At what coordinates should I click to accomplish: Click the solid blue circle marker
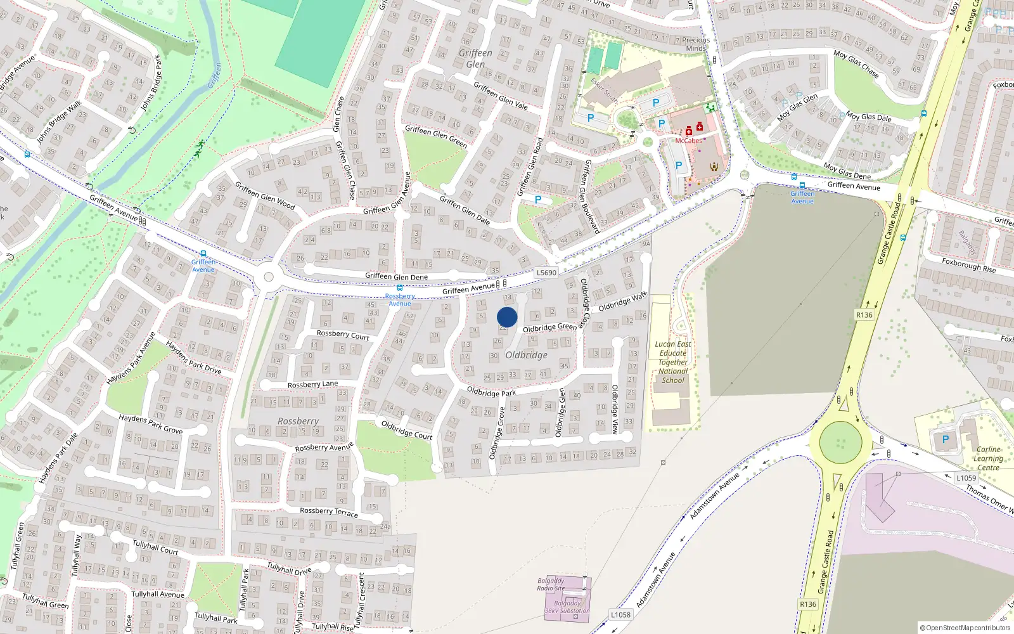tap(507, 317)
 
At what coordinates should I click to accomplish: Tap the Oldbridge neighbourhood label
tap(526, 355)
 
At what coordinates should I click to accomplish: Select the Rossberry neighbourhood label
tap(298, 421)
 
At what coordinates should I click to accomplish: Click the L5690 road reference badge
tap(546, 273)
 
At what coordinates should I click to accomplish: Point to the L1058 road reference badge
tap(620, 614)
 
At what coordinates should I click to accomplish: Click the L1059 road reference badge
tap(966, 478)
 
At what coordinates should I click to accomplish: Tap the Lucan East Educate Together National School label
tap(673, 363)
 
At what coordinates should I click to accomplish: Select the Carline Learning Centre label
tap(988, 458)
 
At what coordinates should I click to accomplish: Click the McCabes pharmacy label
tap(688, 141)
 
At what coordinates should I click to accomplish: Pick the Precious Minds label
tap(696, 44)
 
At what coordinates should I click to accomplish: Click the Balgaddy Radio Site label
tap(551, 584)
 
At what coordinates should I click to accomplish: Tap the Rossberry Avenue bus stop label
tap(400, 300)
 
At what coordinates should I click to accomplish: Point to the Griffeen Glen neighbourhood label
tap(475, 58)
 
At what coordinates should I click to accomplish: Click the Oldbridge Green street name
tap(549, 327)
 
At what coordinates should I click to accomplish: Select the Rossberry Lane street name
tap(312, 384)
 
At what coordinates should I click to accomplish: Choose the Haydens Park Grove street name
tap(151, 424)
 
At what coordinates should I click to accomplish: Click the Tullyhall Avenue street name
tap(158, 594)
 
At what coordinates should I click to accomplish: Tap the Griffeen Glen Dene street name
tap(396, 276)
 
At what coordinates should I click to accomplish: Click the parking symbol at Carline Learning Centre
tap(946, 439)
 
